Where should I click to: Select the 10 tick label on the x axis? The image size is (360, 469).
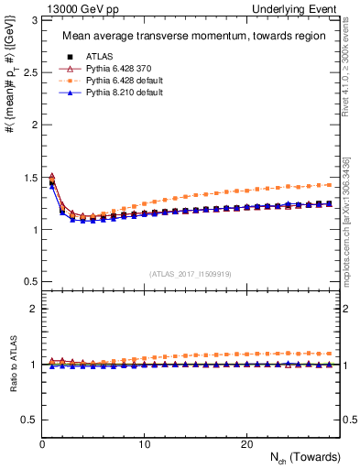tap(144, 444)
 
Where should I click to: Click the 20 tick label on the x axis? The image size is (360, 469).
tap(245, 444)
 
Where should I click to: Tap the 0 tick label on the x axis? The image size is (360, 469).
tap(42, 444)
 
